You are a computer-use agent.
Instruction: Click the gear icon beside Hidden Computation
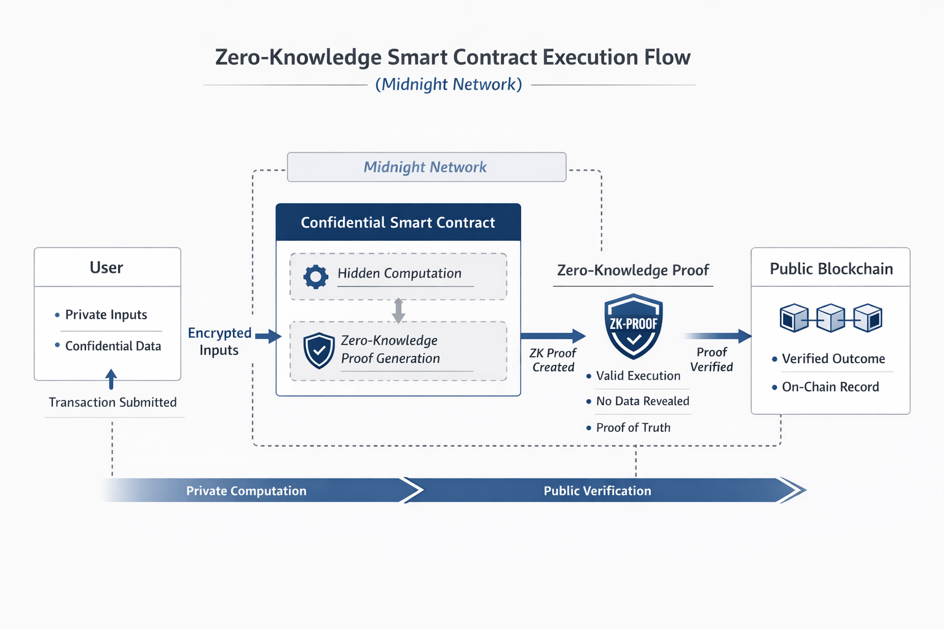(x=316, y=277)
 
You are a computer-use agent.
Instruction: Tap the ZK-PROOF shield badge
(x=634, y=327)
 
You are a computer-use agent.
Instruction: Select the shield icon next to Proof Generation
(x=319, y=351)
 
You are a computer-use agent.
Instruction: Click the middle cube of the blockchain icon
(x=831, y=318)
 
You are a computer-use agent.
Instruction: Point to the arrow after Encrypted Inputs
(x=269, y=336)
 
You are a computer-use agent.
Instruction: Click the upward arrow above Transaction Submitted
(x=111, y=379)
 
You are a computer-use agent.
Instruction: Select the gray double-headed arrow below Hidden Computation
(x=398, y=310)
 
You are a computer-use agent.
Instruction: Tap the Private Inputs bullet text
(x=106, y=314)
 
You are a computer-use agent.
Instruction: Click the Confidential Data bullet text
(x=113, y=346)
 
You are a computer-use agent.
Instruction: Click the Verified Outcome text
(x=833, y=359)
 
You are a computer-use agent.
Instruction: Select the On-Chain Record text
(x=830, y=387)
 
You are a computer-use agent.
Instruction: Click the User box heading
(x=106, y=268)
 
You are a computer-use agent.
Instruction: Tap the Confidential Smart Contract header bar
(x=398, y=222)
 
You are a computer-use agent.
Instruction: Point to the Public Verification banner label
(x=597, y=491)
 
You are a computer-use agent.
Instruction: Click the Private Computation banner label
(x=246, y=491)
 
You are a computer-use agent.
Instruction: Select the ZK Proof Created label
(x=553, y=360)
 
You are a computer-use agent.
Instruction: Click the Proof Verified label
(x=711, y=359)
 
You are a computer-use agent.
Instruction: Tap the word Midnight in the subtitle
(x=414, y=84)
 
